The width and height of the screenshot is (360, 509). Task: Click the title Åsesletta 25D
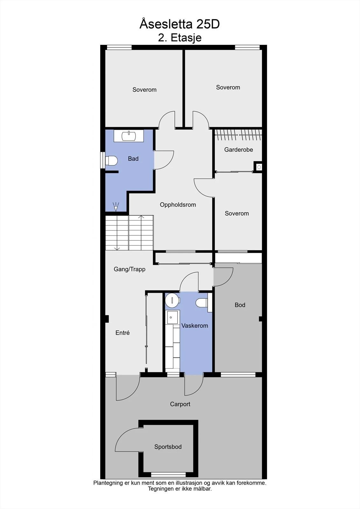[180, 24]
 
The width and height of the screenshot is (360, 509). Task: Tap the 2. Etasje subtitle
[180, 38]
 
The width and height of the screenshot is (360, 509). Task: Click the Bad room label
[133, 159]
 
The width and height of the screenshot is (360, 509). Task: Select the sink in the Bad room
[129, 136]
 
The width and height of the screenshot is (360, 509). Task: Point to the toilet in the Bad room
[111, 161]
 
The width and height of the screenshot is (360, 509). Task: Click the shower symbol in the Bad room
[116, 206]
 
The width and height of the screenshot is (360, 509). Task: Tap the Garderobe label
[238, 150]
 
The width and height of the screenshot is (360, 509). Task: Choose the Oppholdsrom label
[178, 205]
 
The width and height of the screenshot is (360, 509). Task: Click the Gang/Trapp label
[130, 269]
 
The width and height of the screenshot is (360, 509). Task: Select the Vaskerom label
[195, 326]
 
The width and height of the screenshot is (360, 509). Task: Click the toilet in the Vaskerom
[202, 303]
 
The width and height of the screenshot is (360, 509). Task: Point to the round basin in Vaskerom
[173, 300]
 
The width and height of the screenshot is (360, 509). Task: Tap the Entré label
[123, 333]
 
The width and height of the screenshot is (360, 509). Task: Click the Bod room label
[240, 305]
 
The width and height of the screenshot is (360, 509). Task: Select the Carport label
[180, 404]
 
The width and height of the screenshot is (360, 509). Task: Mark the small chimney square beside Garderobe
[259, 167]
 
